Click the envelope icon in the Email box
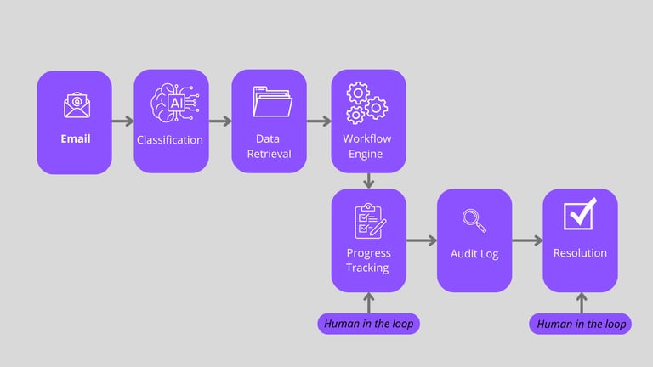click(x=75, y=106)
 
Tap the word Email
click(x=75, y=138)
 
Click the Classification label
click(x=171, y=139)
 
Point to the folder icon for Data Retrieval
click(x=271, y=103)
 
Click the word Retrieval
click(x=270, y=154)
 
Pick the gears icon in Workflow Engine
click(x=367, y=102)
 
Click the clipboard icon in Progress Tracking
click(x=368, y=220)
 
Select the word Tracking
click(x=367, y=268)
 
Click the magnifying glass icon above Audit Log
click(x=474, y=219)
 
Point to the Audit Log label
click(x=474, y=253)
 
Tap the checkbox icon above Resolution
click(x=580, y=214)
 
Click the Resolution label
click(x=580, y=253)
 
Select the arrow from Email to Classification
click(x=122, y=121)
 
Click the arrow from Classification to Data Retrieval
click(x=220, y=121)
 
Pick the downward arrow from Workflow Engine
click(x=368, y=181)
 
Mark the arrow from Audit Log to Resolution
click(x=527, y=240)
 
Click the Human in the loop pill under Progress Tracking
click(x=368, y=324)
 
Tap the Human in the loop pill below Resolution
click(x=581, y=324)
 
